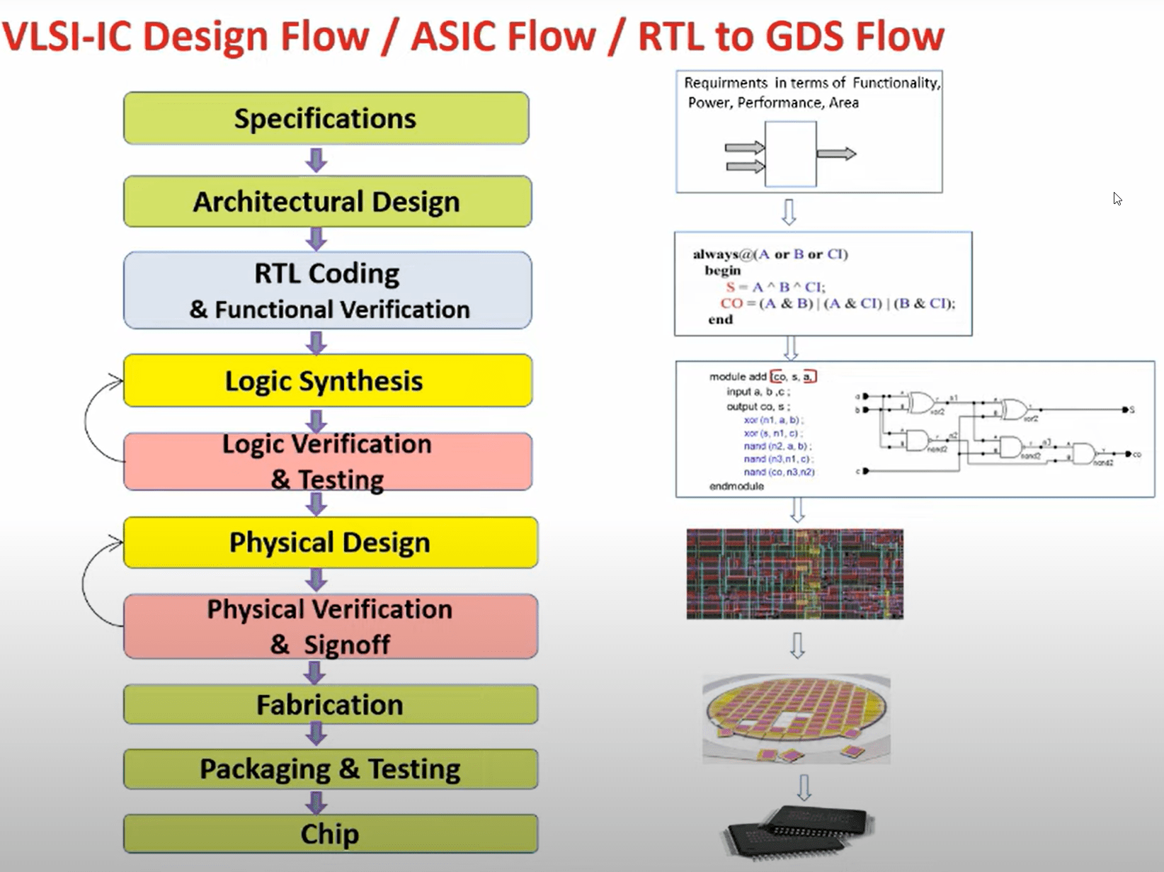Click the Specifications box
coord(326,118)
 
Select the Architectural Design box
coord(326,202)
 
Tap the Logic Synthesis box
coord(326,381)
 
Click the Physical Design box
coord(329,543)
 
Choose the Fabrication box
coord(329,705)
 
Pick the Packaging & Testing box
coord(329,769)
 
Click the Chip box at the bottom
coord(329,834)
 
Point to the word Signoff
coord(347,645)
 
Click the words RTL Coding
coord(326,273)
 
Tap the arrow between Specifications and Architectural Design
coord(316,160)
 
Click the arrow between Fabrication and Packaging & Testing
coord(316,734)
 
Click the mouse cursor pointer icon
coord(1117,199)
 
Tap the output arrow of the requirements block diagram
coord(836,154)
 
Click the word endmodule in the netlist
coord(736,486)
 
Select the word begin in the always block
coord(722,271)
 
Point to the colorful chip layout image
coord(794,574)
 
